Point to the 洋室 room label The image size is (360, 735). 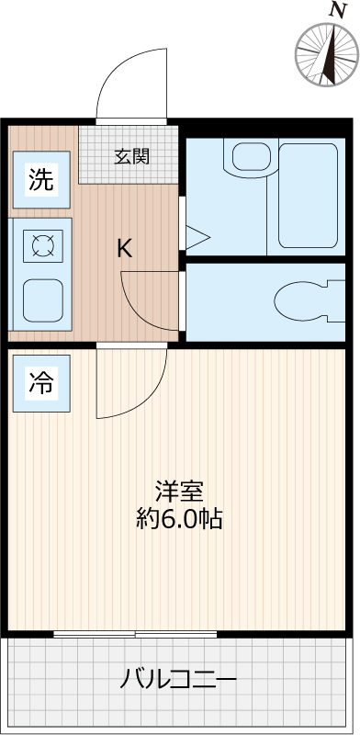(x=178, y=492)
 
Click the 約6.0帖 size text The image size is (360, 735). (x=178, y=519)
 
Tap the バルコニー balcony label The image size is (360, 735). (x=179, y=681)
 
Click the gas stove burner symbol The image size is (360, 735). (x=43, y=244)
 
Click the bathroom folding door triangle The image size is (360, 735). (x=197, y=236)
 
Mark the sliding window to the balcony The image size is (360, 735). (x=136, y=633)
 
